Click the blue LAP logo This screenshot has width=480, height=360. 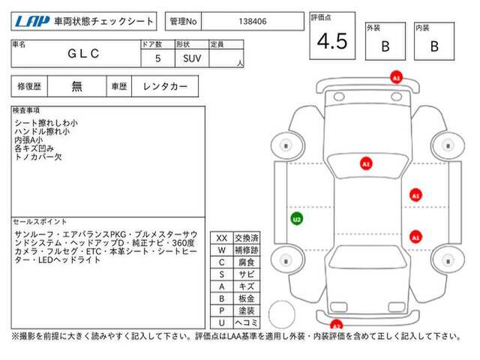32,22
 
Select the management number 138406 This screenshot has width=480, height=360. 253,22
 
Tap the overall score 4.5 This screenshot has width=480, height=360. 332,41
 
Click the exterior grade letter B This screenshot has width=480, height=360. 385,46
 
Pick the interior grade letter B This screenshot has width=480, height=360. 434,46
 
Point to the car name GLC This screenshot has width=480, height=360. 83,53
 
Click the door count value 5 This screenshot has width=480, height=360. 158,58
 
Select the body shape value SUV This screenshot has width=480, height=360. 192,58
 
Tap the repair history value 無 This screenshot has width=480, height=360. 76,86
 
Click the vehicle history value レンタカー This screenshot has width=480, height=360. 165,86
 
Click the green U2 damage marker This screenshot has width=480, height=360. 297,219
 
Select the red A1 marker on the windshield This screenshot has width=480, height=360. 366,163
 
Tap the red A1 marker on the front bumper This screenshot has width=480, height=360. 396,77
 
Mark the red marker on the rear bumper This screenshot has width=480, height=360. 336,325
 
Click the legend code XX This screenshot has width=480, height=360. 222,238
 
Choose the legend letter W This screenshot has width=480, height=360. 222,250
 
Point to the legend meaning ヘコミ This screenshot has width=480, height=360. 247,322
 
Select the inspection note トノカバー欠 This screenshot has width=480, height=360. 38,157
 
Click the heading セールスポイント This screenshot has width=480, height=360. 40,222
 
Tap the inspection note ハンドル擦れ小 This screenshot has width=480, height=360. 42,132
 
